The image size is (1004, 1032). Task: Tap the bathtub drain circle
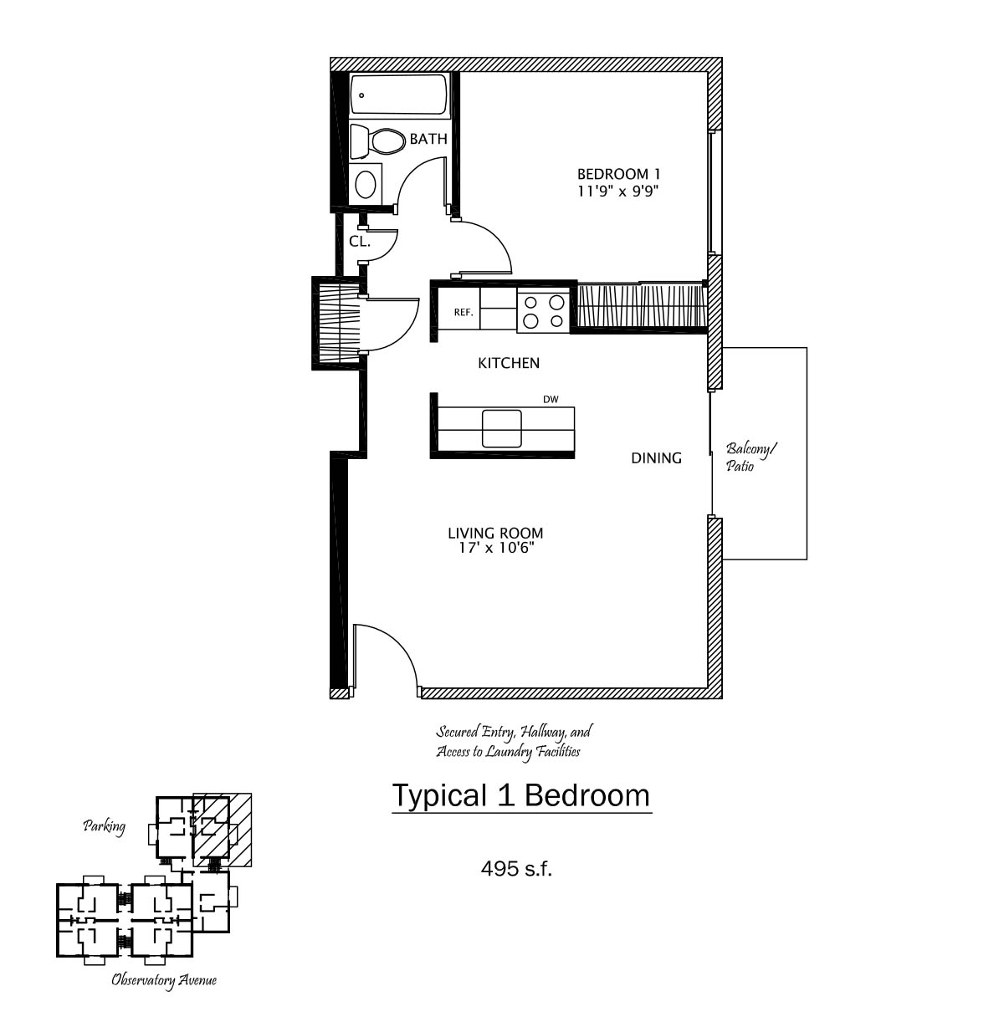pyautogui.click(x=361, y=95)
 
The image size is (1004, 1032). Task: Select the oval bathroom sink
pyautogui.click(x=366, y=183)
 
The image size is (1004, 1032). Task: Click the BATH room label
pyautogui.click(x=428, y=139)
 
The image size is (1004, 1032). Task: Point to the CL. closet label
pyautogui.click(x=359, y=242)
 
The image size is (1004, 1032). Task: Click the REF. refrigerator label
pyautogui.click(x=464, y=312)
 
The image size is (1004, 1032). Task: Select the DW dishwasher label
pyautogui.click(x=551, y=399)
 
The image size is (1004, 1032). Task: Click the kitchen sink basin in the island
pyautogui.click(x=501, y=428)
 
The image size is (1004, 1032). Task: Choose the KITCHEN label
pyautogui.click(x=509, y=363)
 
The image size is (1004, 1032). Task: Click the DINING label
pyautogui.click(x=656, y=457)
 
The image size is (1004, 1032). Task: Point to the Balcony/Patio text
pyautogui.click(x=750, y=457)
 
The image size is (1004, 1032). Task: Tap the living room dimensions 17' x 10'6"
pyautogui.click(x=495, y=548)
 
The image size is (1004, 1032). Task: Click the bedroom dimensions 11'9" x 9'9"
pyautogui.click(x=617, y=191)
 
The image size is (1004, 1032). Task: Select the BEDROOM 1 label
pyautogui.click(x=619, y=173)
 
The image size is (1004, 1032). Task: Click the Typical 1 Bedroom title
pyautogui.click(x=521, y=795)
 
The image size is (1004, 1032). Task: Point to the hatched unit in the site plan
pyautogui.click(x=221, y=830)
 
